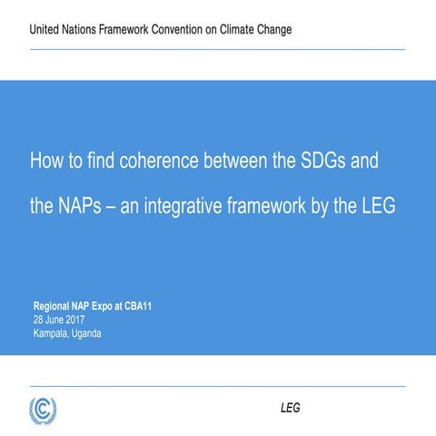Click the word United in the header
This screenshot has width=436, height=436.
click(46, 30)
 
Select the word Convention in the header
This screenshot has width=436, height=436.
click(188, 30)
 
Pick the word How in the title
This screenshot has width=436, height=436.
click(47, 162)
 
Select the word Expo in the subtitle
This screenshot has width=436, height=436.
click(108, 306)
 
